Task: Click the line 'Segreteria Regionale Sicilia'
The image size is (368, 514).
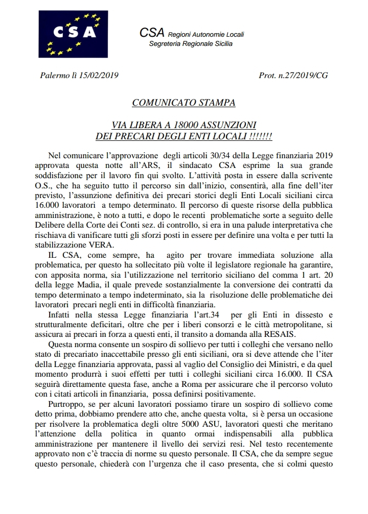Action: pos(190,44)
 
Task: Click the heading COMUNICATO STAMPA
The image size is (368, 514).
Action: pos(183,103)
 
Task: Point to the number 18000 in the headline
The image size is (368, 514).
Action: pos(191,126)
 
